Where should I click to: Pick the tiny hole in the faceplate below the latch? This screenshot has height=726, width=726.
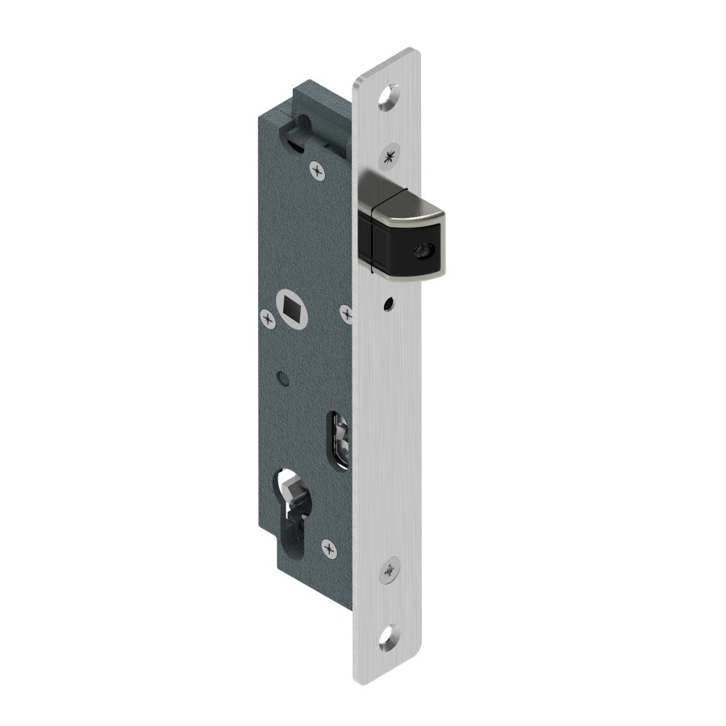coord(388,306)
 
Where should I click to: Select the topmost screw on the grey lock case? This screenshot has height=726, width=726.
coord(316,169)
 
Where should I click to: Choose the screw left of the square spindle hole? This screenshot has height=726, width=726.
coord(266,317)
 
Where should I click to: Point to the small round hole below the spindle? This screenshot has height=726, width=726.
coord(280,376)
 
